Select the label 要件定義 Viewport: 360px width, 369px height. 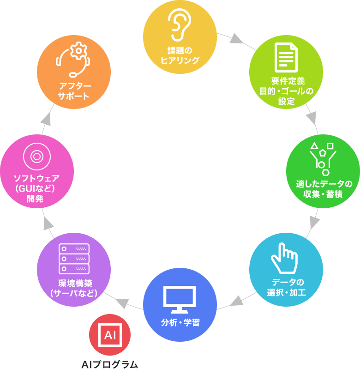(287, 80)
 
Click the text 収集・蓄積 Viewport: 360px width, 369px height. (323, 194)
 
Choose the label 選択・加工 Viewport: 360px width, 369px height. (286, 292)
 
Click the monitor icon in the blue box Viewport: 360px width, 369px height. (180, 298)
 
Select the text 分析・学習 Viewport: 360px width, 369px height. (180, 322)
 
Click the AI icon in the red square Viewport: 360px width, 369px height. (110, 335)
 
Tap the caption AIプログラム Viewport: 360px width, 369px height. (109, 364)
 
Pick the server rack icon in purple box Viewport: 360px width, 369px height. (74, 259)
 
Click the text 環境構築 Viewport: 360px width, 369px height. (74, 283)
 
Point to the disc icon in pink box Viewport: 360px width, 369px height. (36, 157)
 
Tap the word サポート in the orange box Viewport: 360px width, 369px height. (73, 96)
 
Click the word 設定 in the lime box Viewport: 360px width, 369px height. (286, 101)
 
